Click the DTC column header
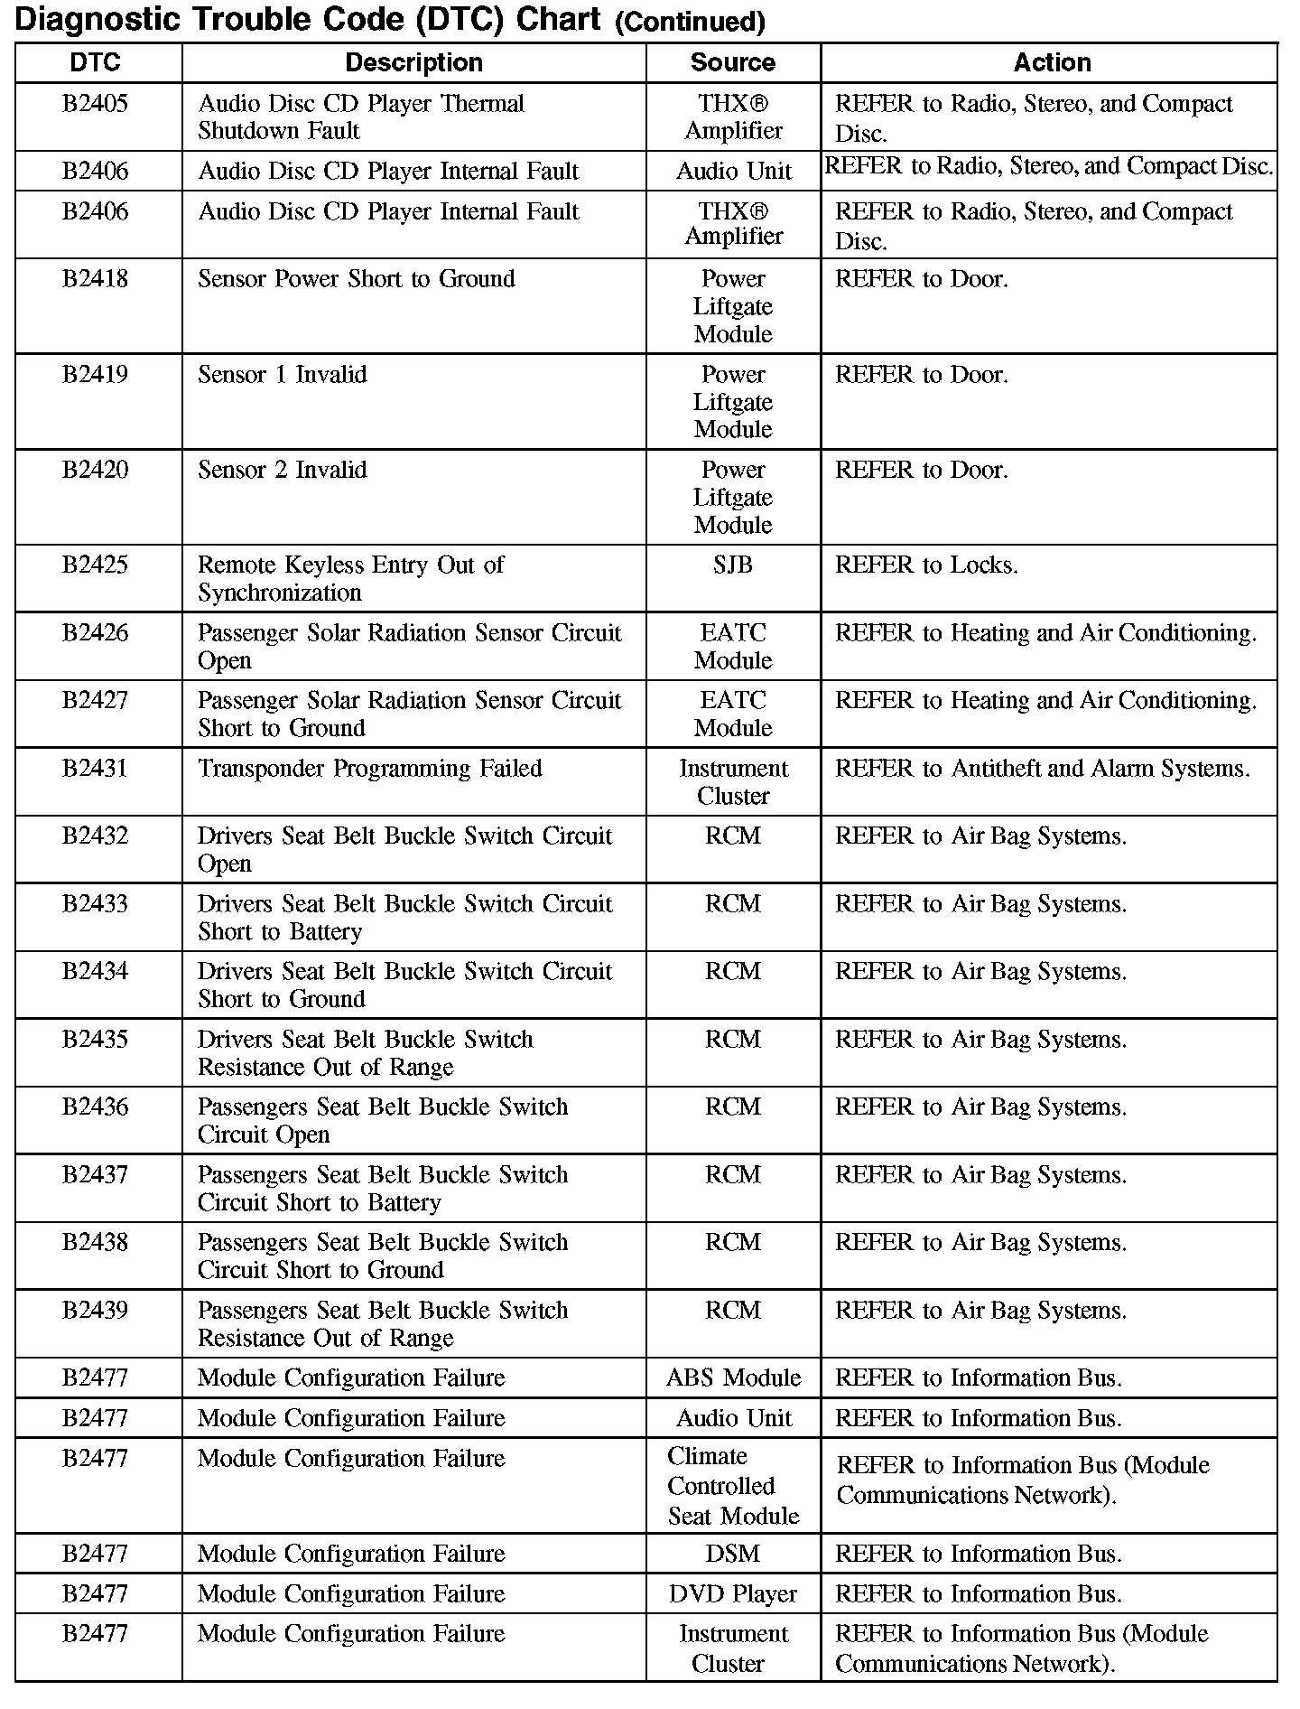[x=96, y=62]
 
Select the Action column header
[x=1052, y=62]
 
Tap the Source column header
[x=732, y=62]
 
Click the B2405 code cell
[x=96, y=104]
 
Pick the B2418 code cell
[x=96, y=279]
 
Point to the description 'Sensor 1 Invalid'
[x=283, y=375]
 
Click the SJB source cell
[x=732, y=565]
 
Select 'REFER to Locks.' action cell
[x=926, y=565]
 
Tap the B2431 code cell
[x=96, y=769]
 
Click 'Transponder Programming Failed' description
[x=370, y=769]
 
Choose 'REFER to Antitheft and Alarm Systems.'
[x=1043, y=769]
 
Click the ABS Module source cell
[x=733, y=1378]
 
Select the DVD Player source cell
[x=733, y=1594]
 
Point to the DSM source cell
[x=733, y=1554]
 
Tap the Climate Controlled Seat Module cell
[x=733, y=1486]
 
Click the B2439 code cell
[x=96, y=1311]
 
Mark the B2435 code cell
[x=96, y=1040]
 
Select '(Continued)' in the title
[x=690, y=23]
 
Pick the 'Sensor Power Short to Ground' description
[x=357, y=279]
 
